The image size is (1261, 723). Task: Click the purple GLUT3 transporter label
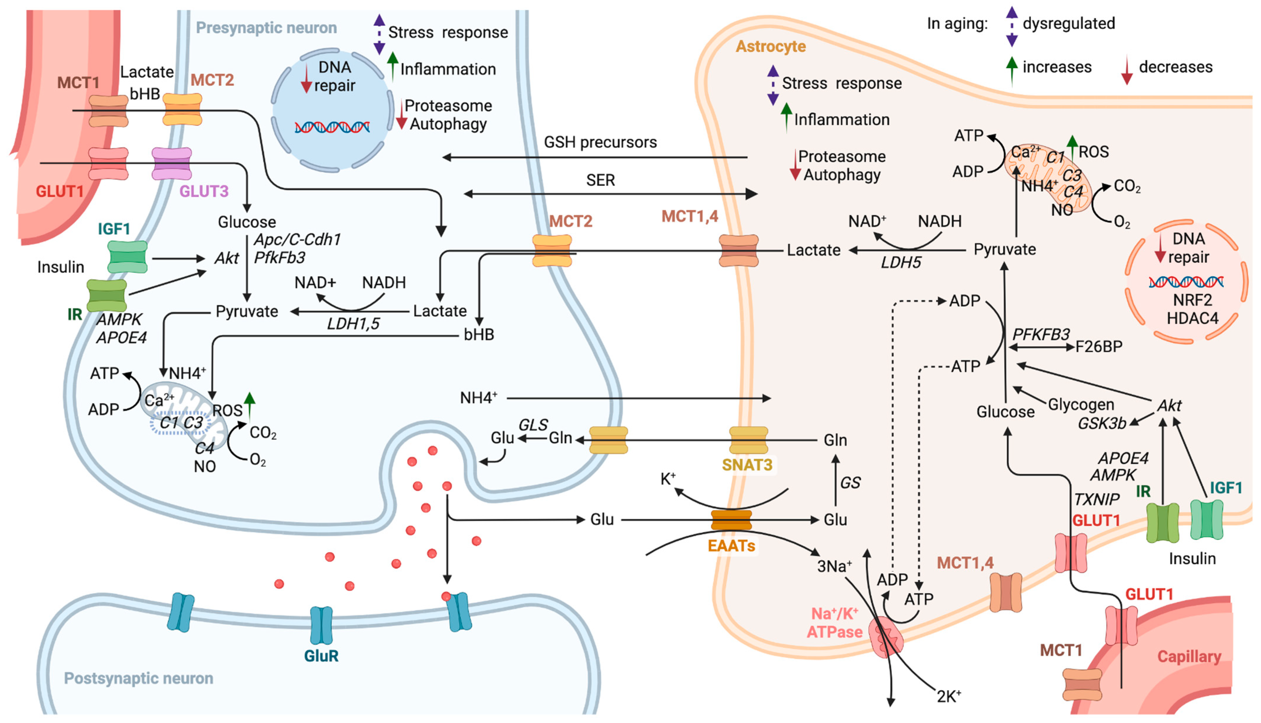(204, 191)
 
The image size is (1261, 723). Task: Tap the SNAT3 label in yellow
(747, 465)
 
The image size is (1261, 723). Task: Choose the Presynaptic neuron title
(266, 28)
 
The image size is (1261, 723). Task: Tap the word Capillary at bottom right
(1190, 657)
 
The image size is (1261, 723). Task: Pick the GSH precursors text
(601, 143)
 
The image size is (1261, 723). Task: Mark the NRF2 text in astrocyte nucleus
(1192, 300)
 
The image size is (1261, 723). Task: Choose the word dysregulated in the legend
(1069, 23)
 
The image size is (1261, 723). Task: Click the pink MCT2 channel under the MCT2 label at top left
(182, 109)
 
